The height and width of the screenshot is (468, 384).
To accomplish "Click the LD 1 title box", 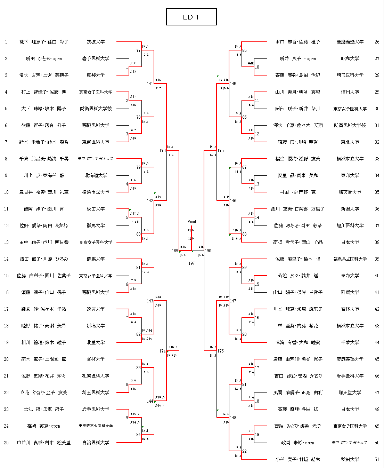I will (x=191, y=17).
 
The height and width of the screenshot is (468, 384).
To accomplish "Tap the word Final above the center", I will (x=191, y=222).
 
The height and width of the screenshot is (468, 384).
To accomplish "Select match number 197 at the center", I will (x=191, y=263).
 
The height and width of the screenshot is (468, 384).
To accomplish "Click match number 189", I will (x=175, y=251).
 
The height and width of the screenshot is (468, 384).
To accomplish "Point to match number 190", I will (x=208, y=251).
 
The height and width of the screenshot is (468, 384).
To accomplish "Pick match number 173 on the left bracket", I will (x=162, y=151).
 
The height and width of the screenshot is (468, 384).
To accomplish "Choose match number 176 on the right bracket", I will (x=221, y=351).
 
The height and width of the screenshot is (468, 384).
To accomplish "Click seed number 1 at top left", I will (x=6, y=42).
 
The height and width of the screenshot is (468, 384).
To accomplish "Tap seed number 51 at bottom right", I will (x=377, y=459).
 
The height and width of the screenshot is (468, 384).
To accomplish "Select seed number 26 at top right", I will (x=377, y=42).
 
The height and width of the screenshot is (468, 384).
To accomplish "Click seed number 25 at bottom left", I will (x=6, y=443).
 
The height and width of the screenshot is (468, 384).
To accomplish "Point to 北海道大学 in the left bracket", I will (x=96, y=175).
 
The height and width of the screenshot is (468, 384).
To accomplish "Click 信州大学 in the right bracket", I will (x=350, y=92).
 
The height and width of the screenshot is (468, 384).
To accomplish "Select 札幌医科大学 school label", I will (x=96, y=376).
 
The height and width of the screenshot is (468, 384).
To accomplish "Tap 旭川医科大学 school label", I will (x=350, y=225).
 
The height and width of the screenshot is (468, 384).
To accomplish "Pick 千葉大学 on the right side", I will (x=350, y=342).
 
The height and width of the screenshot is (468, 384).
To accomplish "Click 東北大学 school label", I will (x=350, y=142).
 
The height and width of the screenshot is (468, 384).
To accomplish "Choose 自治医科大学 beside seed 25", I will (x=96, y=443).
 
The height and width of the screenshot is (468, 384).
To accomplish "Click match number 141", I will (x=150, y=84).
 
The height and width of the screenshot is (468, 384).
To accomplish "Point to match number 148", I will (x=233, y=418).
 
